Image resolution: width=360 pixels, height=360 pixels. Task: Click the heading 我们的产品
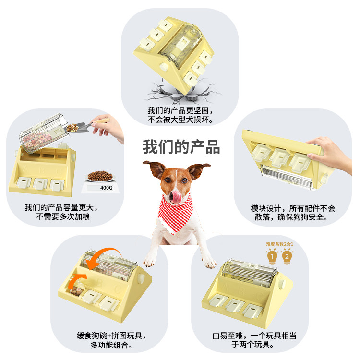[x=180, y=146]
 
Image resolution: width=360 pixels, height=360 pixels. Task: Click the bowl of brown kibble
[x=99, y=176]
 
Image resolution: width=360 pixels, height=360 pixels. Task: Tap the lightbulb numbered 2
[x=287, y=257]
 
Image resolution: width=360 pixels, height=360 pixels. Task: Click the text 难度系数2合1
[x=279, y=244]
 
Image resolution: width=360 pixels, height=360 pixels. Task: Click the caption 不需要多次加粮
[x=63, y=217]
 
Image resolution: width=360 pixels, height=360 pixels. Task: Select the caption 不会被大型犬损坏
[x=180, y=120]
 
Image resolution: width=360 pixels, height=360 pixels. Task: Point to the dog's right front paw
[x=207, y=261]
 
